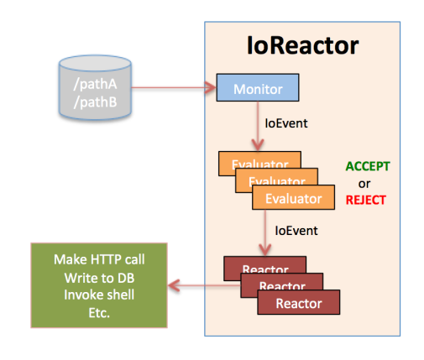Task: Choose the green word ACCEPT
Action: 368,167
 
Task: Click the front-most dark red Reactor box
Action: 298,302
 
